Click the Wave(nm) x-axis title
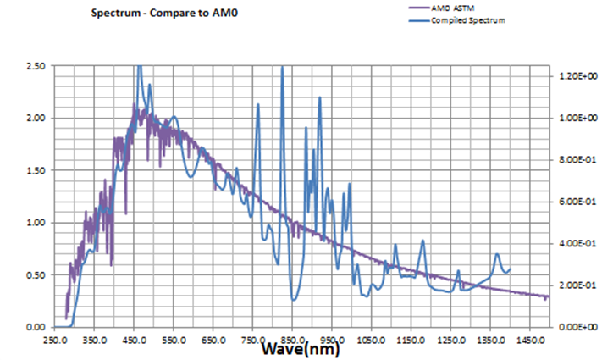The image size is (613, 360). pyautogui.click(x=301, y=348)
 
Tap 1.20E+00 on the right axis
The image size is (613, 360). pyautogui.click(x=580, y=76)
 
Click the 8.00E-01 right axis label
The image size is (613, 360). pyautogui.click(x=580, y=160)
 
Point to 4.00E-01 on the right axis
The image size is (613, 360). pyautogui.click(x=580, y=243)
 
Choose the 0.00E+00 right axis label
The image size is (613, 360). pyautogui.click(x=580, y=327)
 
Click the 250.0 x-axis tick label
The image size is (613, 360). pyautogui.click(x=53, y=338)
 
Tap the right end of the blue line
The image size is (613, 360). pyautogui.click(x=510, y=269)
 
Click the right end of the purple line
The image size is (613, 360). pyautogui.click(x=548, y=296)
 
